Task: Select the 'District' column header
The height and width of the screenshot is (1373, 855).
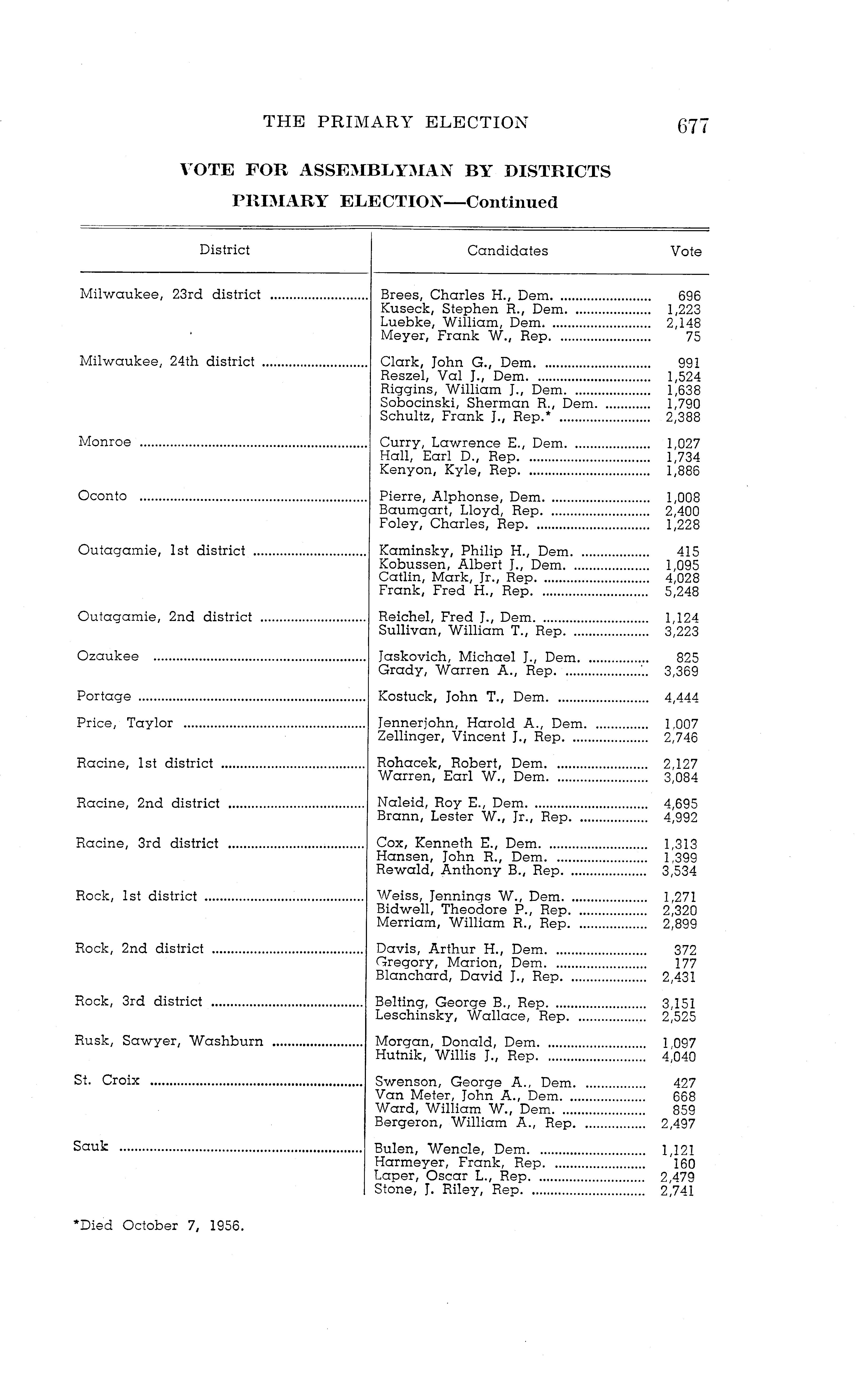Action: tap(225, 250)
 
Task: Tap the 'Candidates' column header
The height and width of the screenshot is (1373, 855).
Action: tap(507, 251)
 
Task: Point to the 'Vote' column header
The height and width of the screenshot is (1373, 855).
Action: tap(686, 251)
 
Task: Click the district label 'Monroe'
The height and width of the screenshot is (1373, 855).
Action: tap(105, 442)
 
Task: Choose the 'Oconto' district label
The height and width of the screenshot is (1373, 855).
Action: tap(102, 496)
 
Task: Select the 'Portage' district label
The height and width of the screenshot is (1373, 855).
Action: tap(104, 696)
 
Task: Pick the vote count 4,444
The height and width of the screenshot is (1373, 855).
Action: tap(682, 698)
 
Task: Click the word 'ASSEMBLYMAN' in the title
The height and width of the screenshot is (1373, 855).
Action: tap(376, 171)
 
